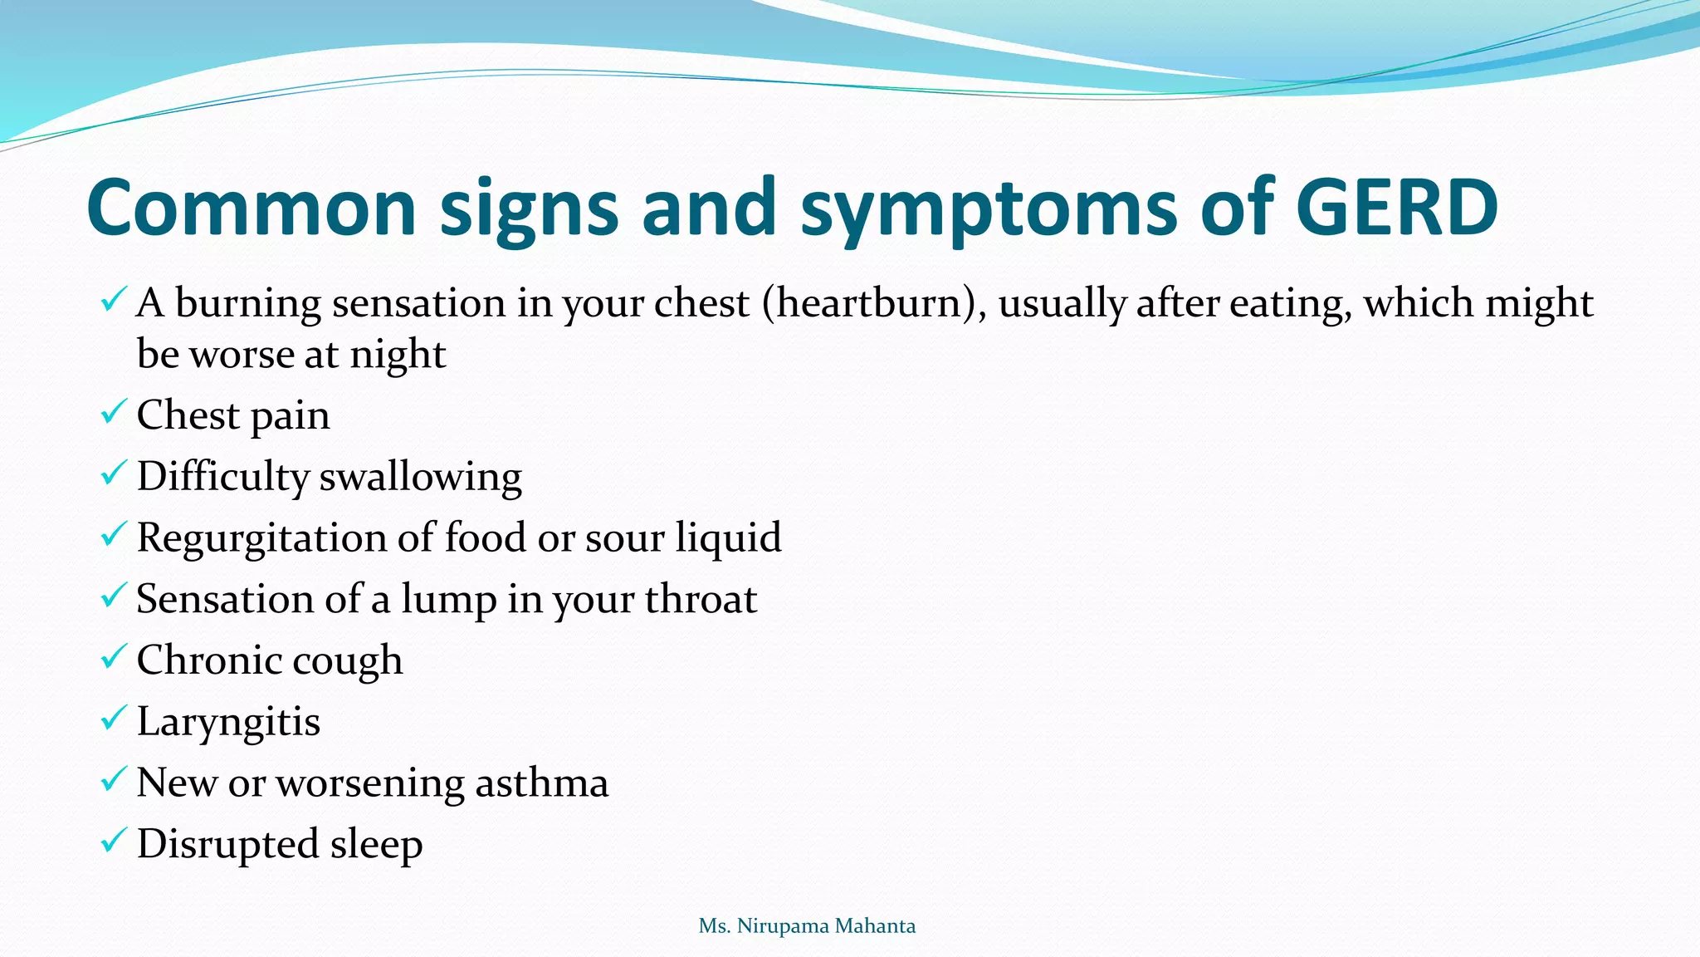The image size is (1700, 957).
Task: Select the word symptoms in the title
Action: tap(988, 209)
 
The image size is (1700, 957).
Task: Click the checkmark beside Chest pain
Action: tap(114, 412)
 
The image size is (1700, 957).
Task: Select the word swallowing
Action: tap(420, 478)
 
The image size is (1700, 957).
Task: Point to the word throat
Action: tap(701, 599)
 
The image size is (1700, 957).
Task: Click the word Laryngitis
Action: tap(228, 722)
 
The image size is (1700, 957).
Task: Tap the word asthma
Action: tap(541, 783)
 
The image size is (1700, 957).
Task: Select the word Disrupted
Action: tap(227, 845)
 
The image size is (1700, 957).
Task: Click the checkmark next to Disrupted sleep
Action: tap(114, 841)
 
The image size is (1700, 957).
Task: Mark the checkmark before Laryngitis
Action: tap(114, 718)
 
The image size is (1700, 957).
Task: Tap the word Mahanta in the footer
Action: tap(877, 926)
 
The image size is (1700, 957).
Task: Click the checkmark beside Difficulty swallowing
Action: tap(114, 474)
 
